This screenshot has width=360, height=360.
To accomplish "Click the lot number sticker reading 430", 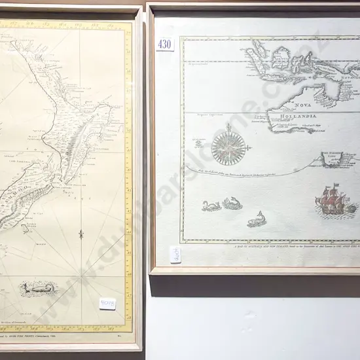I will [164, 44].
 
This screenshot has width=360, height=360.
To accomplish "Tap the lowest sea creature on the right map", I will [257, 219].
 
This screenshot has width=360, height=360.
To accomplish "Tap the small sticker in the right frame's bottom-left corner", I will [175, 255].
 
